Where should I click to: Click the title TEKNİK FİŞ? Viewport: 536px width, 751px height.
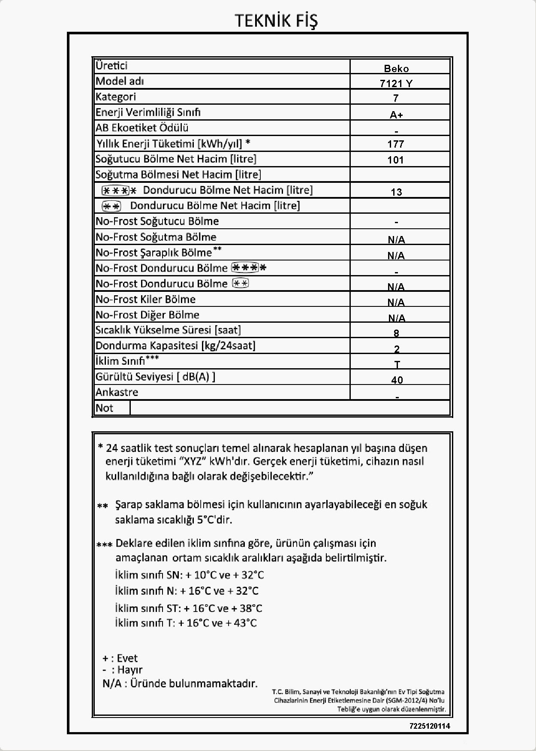(x=277, y=21)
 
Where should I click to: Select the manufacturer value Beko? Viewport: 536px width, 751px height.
(x=396, y=69)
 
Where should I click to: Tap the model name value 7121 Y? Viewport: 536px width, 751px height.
(x=396, y=84)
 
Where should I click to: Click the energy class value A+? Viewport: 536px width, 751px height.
(x=396, y=115)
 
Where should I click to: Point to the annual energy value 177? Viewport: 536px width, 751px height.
(x=396, y=144)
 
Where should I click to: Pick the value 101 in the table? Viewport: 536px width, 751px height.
(x=395, y=160)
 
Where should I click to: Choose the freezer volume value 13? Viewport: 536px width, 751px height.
(x=396, y=192)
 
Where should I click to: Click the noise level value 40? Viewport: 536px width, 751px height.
(x=397, y=380)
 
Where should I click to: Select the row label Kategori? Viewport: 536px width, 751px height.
(x=115, y=97)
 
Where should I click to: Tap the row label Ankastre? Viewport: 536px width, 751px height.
(x=117, y=392)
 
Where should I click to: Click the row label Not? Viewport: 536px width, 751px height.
(x=104, y=408)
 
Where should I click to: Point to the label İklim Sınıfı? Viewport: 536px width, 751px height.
(x=120, y=361)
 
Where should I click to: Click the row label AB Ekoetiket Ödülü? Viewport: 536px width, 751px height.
(x=142, y=127)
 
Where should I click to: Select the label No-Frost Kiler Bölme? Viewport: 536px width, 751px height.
(x=145, y=299)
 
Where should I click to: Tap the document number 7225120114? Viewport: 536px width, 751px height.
(x=430, y=726)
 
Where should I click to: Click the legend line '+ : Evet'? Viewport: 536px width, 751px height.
(x=120, y=658)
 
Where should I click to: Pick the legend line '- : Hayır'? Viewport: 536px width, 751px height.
(x=123, y=669)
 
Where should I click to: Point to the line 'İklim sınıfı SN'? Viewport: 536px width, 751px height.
(x=148, y=575)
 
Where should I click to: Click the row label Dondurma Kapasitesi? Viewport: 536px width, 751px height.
(x=175, y=345)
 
